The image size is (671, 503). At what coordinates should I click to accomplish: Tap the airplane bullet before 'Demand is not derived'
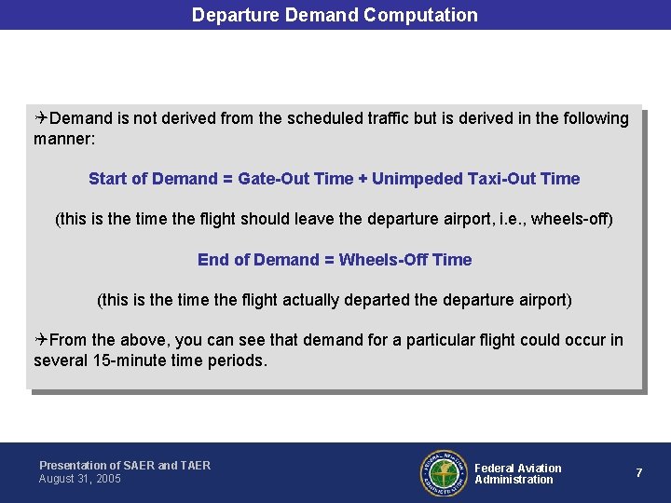[41, 118]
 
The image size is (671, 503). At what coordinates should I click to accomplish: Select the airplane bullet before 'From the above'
[41, 340]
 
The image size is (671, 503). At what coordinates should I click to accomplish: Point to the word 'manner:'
[64, 139]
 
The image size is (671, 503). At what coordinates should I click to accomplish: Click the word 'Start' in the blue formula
[107, 179]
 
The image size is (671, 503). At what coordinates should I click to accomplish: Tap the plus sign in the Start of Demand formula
[363, 179]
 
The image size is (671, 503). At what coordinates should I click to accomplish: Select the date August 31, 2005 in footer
[80, 479]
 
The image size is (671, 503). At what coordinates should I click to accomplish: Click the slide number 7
[638, 473]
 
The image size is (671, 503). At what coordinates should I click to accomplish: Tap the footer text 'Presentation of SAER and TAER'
[125, 465]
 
